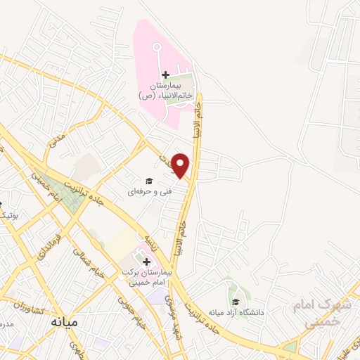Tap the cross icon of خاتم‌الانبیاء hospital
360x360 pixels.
click(x=165, y=75)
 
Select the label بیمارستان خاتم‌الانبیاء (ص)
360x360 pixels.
click(x=167, y=89)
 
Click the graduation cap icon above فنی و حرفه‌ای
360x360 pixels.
click(x=148, y=181)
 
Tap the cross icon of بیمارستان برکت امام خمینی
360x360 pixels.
click(x=146, y=262)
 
